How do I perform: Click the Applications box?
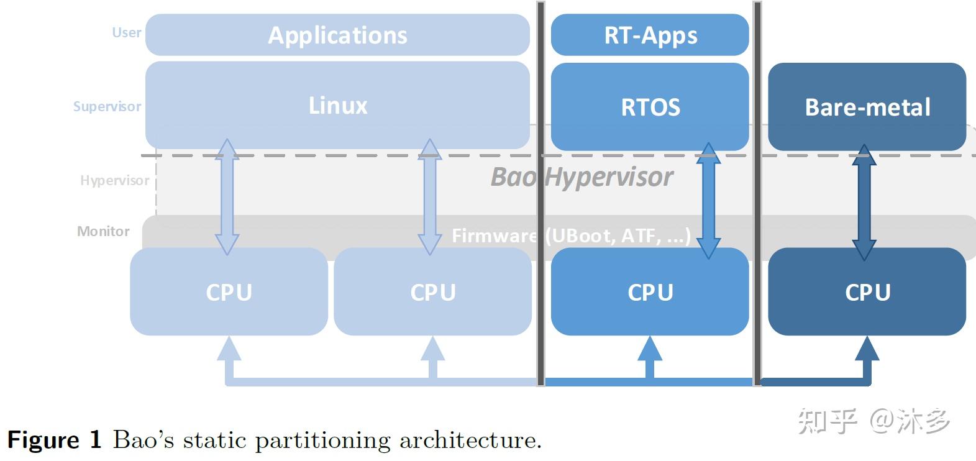(x=338, y=35)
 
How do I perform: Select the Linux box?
(x=338, y=105)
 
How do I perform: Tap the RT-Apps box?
(x=650, y=35)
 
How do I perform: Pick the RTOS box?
(x=650, y=107)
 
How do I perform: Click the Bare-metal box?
(x=867, y=107)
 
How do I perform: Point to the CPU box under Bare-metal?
(x=867, y=291)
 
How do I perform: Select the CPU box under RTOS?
(x=650, y=291)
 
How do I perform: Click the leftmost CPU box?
(x=229, y=291)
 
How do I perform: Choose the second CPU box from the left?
(x=432, y=291)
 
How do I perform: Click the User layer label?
(x=126, y=33)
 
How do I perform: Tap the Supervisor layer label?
(x=107, y=106)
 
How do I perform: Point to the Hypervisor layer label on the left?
(x=114, y=180)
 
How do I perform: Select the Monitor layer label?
(x=103, y=231)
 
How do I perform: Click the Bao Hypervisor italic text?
(x=581, y=177)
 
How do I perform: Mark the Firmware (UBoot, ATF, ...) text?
(x=571, y=235)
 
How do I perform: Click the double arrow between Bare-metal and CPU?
(x=864, y=203)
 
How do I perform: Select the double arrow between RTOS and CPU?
(x=708, y=201)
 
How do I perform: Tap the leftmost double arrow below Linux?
(x=227, y=197)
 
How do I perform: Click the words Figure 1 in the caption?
(x=55, y=439)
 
